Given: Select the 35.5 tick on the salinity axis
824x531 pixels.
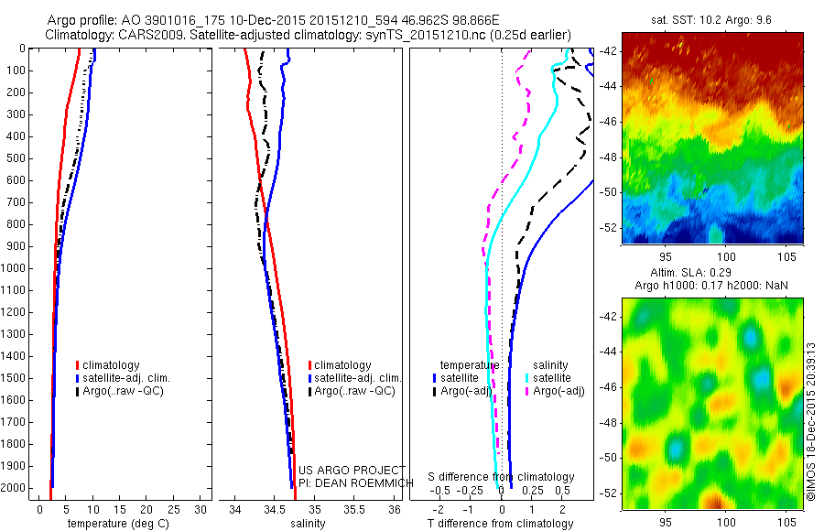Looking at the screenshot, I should (x=354, y=509).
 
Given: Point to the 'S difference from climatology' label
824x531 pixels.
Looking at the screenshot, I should (x=502, y=478).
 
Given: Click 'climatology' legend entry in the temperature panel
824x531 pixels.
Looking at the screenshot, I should (x=111, y=365).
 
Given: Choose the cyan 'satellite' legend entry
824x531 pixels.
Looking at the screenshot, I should (x=552, y=378).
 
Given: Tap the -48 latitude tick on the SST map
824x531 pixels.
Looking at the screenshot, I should (x=609, y=157).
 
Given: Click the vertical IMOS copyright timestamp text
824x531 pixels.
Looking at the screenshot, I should (x=811, y=422).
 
